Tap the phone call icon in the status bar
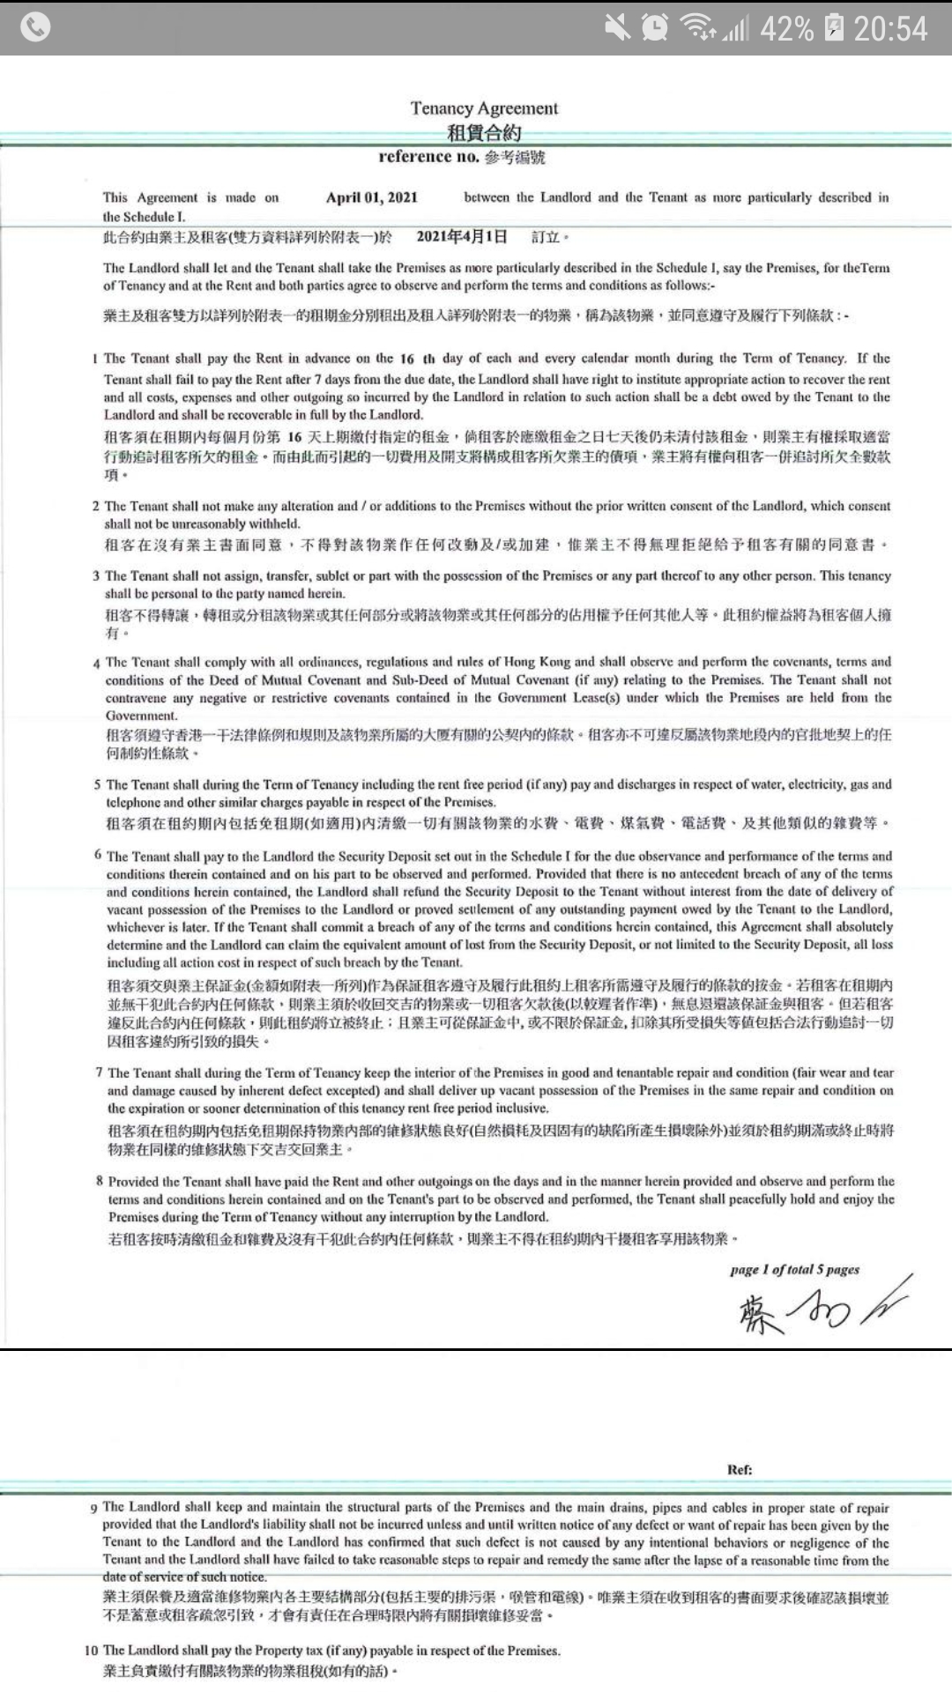(35, 27)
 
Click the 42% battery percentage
(786, 29)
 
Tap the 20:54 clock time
(890, 29)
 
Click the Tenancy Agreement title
(484, 108)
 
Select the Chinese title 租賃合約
(484, 133)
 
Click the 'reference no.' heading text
(429, 157)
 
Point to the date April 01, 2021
(371, 197)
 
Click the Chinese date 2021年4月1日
(462, 236)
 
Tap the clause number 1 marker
(95, 359)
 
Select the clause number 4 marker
(96, 663)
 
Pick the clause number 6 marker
(98, 855)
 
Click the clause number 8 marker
(100, 1181)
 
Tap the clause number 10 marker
(92, 1650)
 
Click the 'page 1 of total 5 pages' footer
(794, 1270)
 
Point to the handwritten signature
(820, 1307)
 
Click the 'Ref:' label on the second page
(740, 1469)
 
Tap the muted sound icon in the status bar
(617, 28)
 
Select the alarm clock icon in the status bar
(655, 28)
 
